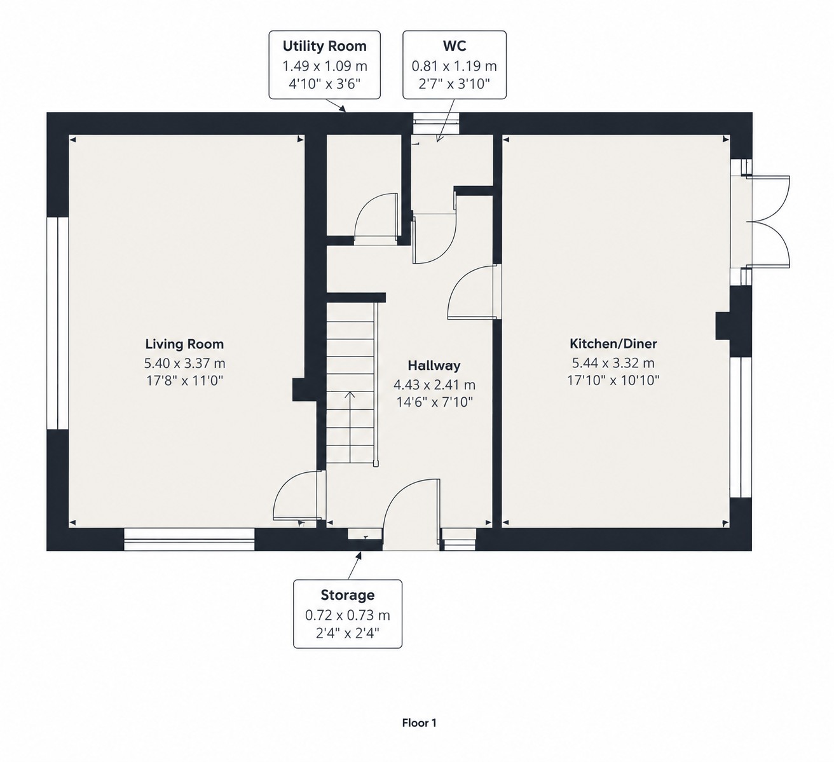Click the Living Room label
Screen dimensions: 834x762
point(184,344)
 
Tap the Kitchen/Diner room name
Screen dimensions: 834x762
point(613,344)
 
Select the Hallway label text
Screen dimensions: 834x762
point(434,365)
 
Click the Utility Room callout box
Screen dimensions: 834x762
point(325,65)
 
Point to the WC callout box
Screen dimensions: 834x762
point(455,65)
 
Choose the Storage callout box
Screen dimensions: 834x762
point(348,614)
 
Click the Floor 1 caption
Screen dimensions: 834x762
point(419,723)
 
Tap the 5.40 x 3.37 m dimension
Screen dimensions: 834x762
point(184,364)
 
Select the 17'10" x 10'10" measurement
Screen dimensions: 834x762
point(613,380)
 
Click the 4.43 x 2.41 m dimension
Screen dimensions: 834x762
point(434,385)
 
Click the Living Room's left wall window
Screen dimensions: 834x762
point(58,323)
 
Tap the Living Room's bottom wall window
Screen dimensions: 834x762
point(189,539)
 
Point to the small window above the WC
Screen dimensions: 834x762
point(437,123)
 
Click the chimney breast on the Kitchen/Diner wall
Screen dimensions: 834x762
point(723,326)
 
